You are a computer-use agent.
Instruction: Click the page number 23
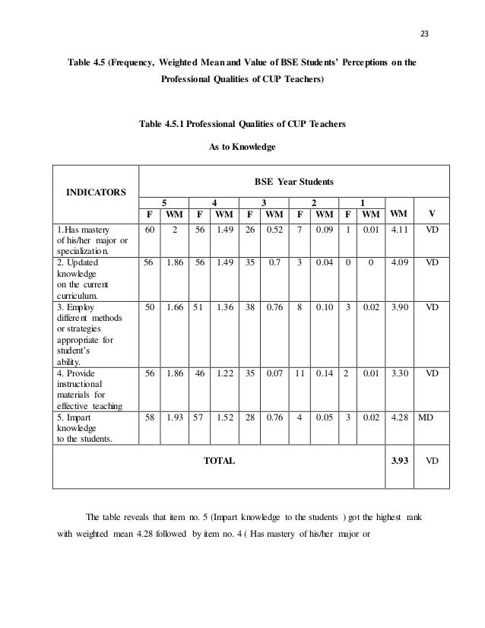(424, 31)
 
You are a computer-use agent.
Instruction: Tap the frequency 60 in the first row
(150, 228)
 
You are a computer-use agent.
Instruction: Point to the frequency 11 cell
(299, 374)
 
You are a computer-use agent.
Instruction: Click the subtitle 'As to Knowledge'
(242, 146)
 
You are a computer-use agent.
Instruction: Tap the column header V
(433, 213)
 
